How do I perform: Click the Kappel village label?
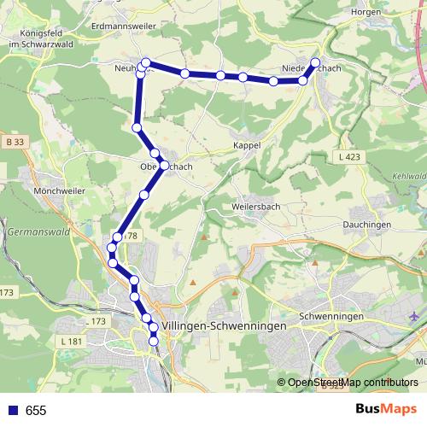click(247, 146)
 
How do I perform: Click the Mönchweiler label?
click(31, 191)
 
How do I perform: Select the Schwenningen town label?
click(332, 316)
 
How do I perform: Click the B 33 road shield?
click(14, 141)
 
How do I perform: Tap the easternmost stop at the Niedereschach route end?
click(315, 62)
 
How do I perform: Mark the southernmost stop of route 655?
click(154, 342)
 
